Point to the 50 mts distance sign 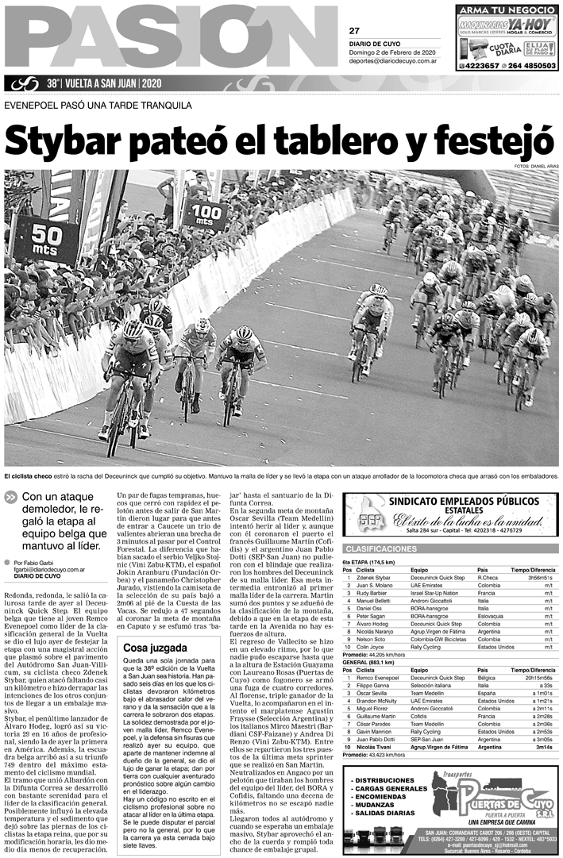pos(47,240)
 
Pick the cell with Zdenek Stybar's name pos(374,578)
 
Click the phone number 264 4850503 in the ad pos(530,66)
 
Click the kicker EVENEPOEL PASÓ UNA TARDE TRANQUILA pos(98,106)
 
